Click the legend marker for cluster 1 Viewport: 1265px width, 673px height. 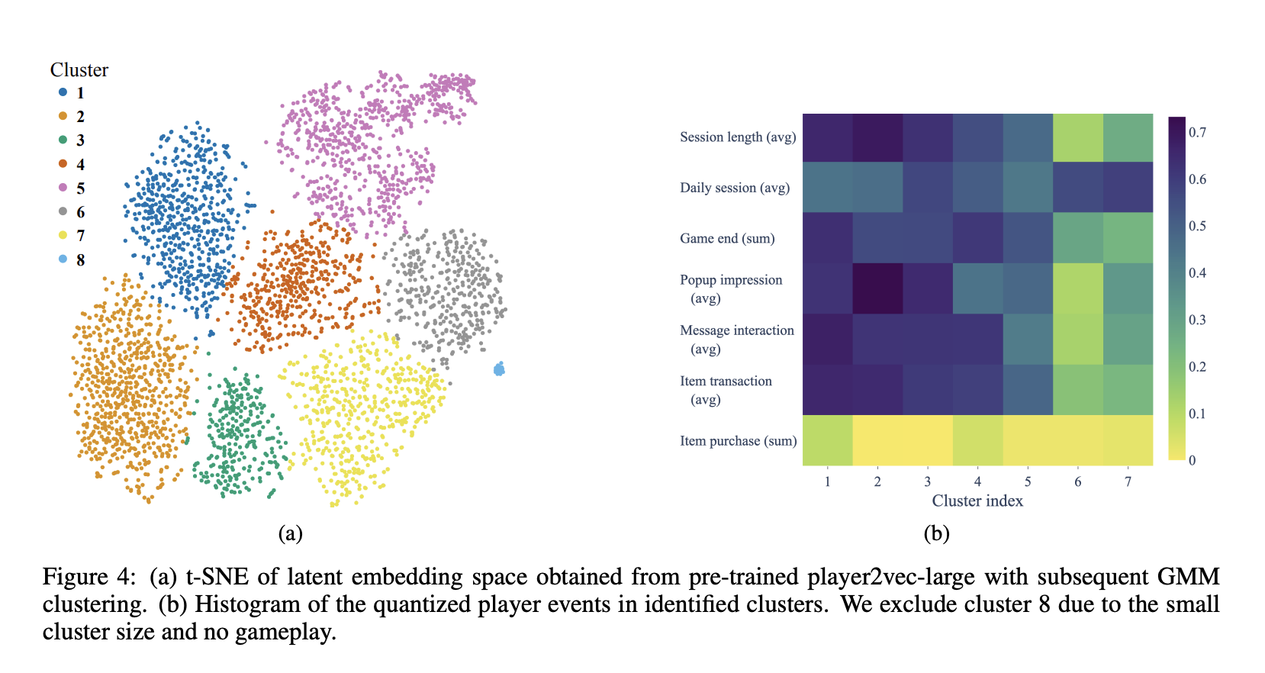[63, 92]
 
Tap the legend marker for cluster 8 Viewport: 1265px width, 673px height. [63, 259]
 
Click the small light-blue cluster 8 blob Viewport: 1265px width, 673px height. [499, 370]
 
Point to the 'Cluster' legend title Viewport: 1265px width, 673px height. [79, 70]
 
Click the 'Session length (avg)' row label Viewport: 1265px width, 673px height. [738, 137]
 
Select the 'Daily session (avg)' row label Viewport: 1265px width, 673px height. [735, 188]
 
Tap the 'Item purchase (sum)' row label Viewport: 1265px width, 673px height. [738, 441]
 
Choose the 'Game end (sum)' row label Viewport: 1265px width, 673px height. [727, 239]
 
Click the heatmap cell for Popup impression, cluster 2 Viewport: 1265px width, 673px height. [877, 288]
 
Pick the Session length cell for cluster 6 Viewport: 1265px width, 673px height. [1078, 137]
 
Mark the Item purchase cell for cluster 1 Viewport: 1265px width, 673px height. [827, 440]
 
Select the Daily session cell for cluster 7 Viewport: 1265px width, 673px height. [1128, 187]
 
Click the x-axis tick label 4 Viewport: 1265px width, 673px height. [977, 481]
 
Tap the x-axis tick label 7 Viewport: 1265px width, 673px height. [1128, 481]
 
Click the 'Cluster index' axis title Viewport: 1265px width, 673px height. [977, 501]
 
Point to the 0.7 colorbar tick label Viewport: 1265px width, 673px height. [1197, 133]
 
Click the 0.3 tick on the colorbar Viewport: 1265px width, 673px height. [1197, 320]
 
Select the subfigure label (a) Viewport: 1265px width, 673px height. [290, 533]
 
